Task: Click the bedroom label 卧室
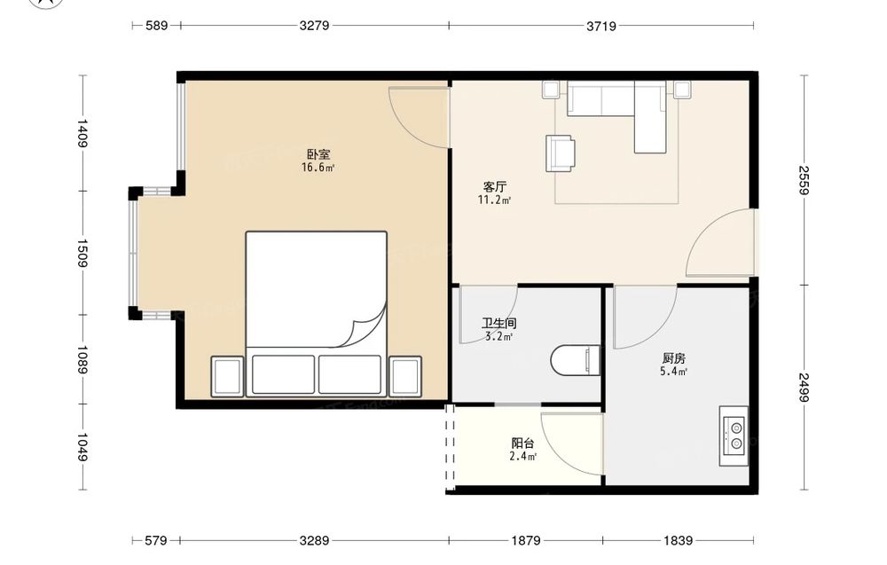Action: pyautogui.click(x=318, y=153)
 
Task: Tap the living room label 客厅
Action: pyautogui.click(x=495, y=186)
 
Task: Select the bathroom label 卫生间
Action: pyautogui.click(x=498, y=324)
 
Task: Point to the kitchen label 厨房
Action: pyautogui.click(x=674, y=358)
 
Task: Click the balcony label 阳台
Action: pyautogui.click(x=522, y=443)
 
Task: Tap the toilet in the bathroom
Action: pyautogui.click(x=576, y=360)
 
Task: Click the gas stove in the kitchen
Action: pyautogui.click(x=734, y=436)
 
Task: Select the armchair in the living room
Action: pyautogui.click(x=561, y=153)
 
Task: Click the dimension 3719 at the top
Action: pyautogui.click(x=600, y=26)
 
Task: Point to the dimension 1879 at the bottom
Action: pyautogui.click(x=525, y=541)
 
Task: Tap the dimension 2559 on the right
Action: pyautogui.click(x=805, y=180)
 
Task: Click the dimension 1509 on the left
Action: pyautogui.click(x=82, y=254)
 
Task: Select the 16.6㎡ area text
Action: pyautogui.click(x=318, y=168)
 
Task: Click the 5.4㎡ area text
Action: pyautogui.click(x=673, y=372)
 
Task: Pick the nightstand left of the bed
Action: pyautogui.click(x=227, y=376)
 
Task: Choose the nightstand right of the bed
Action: pyautogui.click(x=405, y=376)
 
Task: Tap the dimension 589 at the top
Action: pyautogui.click(x=156, y=26)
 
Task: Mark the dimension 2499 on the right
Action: pyautogui.click(x=805, y=388)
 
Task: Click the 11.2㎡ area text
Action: pyautogui.click(x=494, y=200)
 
